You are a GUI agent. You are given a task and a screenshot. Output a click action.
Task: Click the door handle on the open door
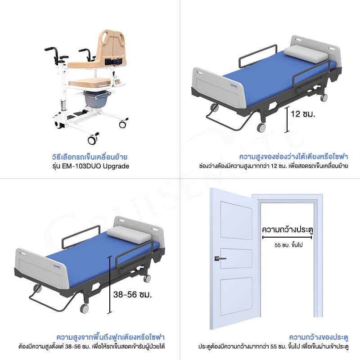click(220, 258)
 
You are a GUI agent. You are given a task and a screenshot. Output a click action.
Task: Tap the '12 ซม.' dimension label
click(303, 114)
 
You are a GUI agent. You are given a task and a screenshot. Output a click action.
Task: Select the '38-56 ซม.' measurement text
click(132, 295)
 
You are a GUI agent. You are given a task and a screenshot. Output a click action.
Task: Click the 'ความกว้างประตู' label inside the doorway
click(288, 229)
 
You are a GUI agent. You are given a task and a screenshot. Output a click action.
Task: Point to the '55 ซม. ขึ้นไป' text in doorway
click(288, 245)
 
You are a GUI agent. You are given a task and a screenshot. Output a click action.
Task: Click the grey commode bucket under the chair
click(95, 99)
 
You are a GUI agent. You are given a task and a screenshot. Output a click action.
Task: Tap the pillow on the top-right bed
click(306, 54)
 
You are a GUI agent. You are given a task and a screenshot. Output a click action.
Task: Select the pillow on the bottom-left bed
click(129, 234)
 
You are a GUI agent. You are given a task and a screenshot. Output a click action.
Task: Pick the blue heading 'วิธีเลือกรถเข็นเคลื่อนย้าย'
click(90, 157)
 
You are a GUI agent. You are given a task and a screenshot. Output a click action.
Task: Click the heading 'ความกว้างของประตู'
click(319, 337)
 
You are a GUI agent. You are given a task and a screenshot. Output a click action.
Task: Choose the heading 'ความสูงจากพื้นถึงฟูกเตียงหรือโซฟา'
click(111, 337)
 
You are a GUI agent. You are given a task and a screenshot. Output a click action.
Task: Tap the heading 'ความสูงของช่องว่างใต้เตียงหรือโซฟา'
click(294, 157)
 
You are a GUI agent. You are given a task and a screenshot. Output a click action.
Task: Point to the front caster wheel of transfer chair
click(92, 140)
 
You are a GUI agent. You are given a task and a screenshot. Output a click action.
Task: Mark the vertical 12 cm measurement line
click(287, 120)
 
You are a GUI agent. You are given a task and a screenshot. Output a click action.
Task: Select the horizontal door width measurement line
click(287, 238)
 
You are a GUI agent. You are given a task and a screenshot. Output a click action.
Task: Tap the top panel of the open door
click(236, 220)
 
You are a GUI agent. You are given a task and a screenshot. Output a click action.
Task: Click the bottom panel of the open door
click(236, 296)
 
